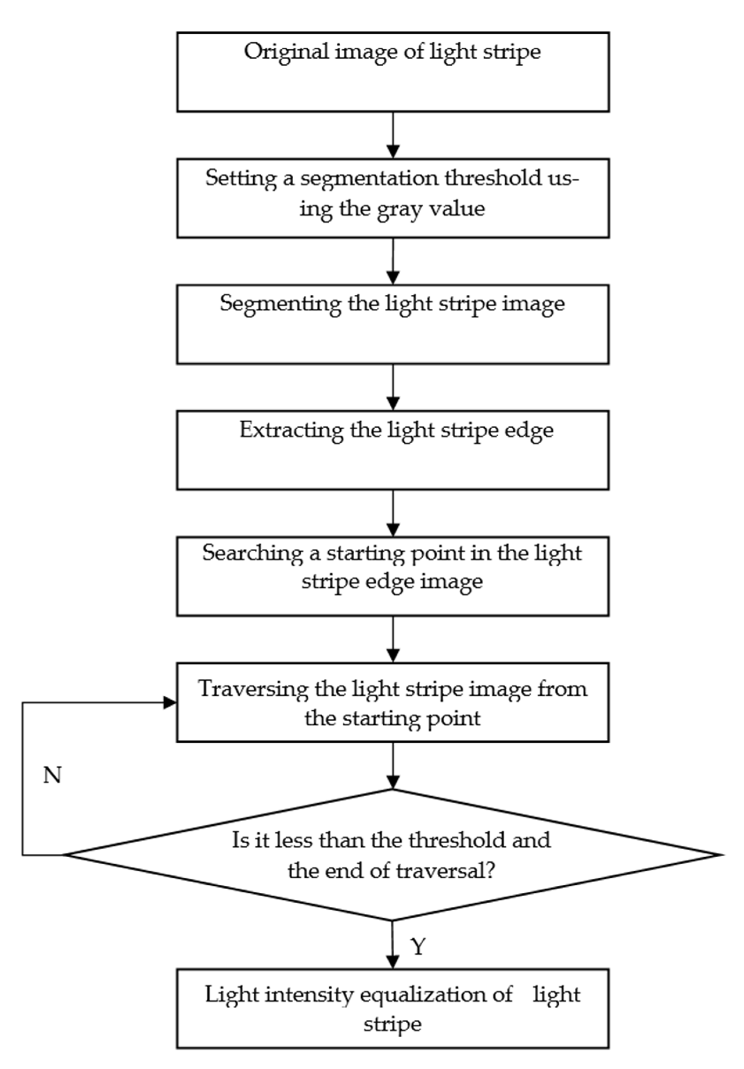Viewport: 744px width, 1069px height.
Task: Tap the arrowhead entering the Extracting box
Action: click(x=393, y=404)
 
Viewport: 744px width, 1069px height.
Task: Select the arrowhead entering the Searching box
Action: click(x=393, y=530)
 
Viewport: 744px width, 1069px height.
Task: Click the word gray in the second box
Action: click(x=400, y=209)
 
